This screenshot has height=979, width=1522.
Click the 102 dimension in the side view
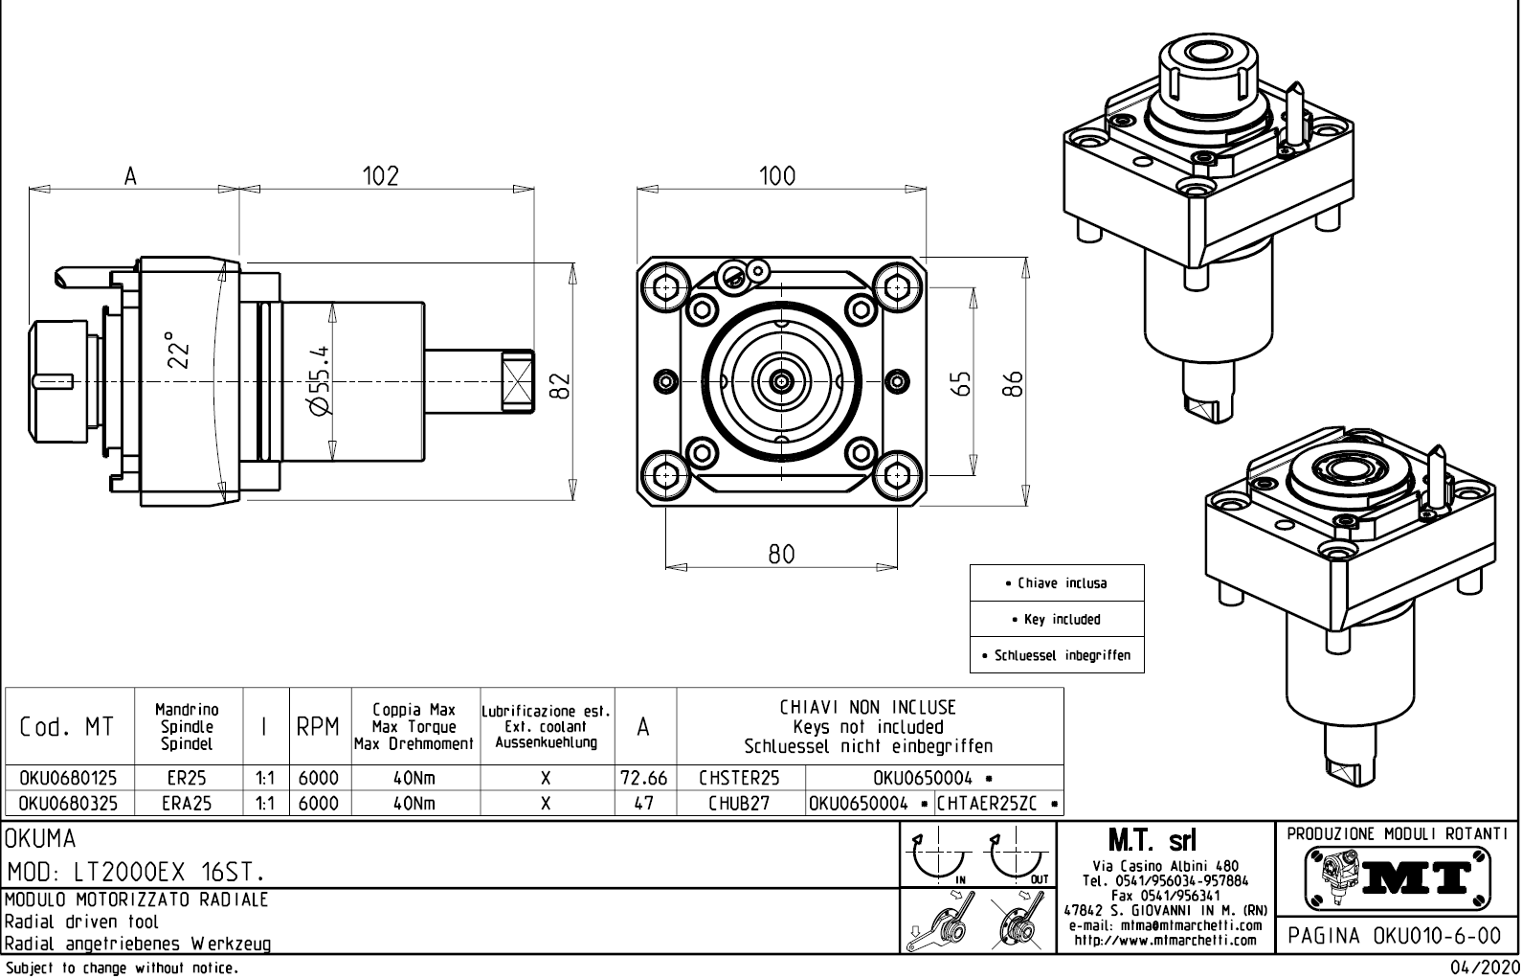pyautogui.click(x=380, y=175)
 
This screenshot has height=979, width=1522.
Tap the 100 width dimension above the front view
pyautogui.click(x=777, y=175)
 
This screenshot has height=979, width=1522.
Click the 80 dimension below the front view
pyautogui.click(x=782, y=555)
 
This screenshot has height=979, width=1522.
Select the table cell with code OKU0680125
pyautogui.click(x=68, y=779)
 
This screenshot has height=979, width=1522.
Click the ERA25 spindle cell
pyautogui.click(x=187, y=804)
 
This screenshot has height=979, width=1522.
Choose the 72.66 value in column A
pyautogui.click(x=644, y=779)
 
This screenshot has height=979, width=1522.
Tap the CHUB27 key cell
pyautogui.click(x=739, y=804)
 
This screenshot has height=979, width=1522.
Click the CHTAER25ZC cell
pyautogui.click(x=993, y=804)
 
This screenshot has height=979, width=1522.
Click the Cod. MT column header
pyautogui.click(x=67, y=728)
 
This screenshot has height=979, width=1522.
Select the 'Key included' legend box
pyautogui.click(x=1057, y=620)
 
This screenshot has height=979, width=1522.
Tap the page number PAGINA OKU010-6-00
pyautogui.click(x=1397, y=935)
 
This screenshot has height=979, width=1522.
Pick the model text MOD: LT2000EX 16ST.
pyautogui.click(x=136, y=873)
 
